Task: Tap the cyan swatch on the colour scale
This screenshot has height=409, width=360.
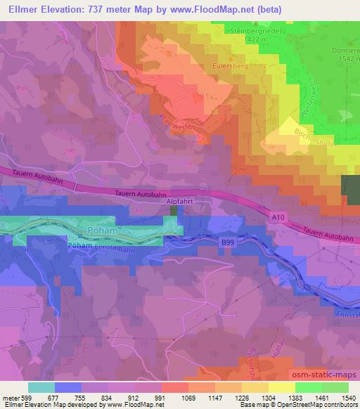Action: click(41, 387)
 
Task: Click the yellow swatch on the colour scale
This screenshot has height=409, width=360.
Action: click(281, 387)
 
